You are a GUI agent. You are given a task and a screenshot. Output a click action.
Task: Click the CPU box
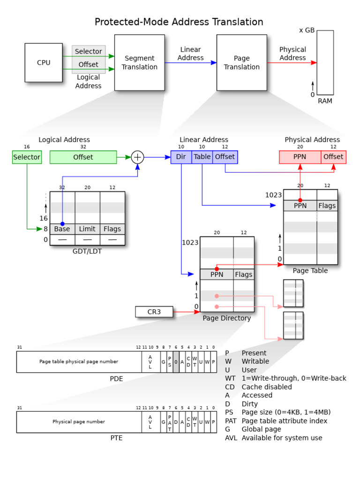click(x=44, y=63)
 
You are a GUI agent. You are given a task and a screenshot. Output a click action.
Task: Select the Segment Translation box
click(x=139, y=63)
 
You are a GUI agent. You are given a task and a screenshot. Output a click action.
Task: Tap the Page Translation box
click(x=241, y=63)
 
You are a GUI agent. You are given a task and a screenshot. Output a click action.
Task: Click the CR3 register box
click(x=154, y=312)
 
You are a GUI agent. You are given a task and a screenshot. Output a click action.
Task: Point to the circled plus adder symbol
click(x=137, y=157)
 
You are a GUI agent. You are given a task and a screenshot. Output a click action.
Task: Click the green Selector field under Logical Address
click(x=27, y=157)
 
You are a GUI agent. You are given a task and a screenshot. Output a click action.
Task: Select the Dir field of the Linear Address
click(x=181, y=157)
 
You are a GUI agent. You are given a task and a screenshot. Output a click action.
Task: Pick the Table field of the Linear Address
click(x=202, y=157)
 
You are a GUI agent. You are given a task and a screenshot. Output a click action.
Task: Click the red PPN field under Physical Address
click(x=300, y=157)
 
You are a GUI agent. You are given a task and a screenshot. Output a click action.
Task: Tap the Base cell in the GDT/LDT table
click(x=62, y=229)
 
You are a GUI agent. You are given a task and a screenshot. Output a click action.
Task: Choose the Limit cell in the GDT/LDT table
click(x=87, y=229)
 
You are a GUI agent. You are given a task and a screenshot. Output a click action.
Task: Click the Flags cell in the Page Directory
click(x=244, y=275)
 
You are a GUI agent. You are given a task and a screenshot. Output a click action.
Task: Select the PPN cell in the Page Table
click(x=300, y=205)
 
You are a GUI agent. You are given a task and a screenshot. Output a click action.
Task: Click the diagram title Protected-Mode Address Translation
click(x=179, y=22)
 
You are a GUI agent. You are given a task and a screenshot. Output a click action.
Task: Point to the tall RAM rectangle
click(x=325, y=63)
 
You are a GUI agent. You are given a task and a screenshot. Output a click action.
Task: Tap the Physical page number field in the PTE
click(x=79, y=422)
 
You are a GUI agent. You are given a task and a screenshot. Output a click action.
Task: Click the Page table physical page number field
click(x=79, y=362)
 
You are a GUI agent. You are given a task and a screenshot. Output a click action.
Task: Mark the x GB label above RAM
click(x=307, y=30)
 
